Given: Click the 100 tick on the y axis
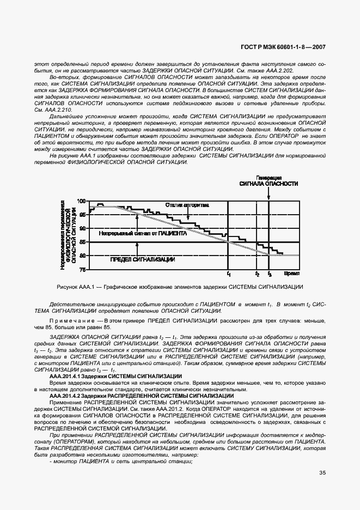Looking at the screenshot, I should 82,202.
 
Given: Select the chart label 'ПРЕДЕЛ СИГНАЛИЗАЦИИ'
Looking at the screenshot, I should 142,260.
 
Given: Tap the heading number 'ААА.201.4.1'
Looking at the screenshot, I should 69,376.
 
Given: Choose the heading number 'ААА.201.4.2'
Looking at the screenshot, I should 69,396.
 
